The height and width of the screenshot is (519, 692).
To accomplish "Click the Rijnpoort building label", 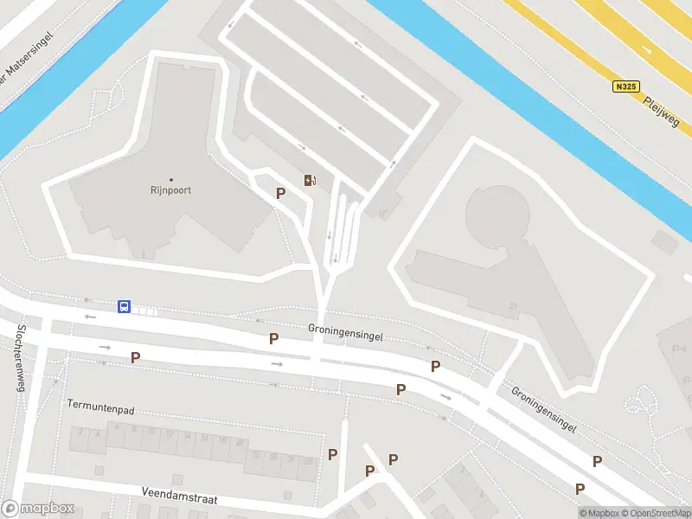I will pyautogui.click(x=170, y=190).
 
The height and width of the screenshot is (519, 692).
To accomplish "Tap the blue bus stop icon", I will pyautogui.click(x=125, y=306).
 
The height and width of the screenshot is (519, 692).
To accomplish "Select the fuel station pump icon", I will pyautogui.click(x=309, y=180).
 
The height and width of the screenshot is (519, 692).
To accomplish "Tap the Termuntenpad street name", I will pyautogui.click(x=100, y=404).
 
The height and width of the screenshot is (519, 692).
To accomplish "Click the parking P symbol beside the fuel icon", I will pyautogui.click(x=280, y=193).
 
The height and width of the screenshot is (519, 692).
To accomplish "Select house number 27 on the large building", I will pyautogui.click(x=513, y=306).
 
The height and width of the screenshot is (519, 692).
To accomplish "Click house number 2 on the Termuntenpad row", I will pyautogui.click(x=80, y=431).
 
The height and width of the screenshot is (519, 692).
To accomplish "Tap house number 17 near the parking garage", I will pyautogui.click(x=381, y=212).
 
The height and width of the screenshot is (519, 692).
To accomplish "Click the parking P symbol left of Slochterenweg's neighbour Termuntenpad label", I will pyautogui.click(x=135, y=357).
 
